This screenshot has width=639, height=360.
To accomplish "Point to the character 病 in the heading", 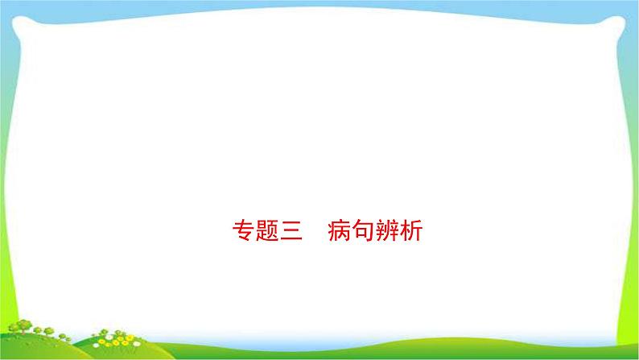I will (339, 233).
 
